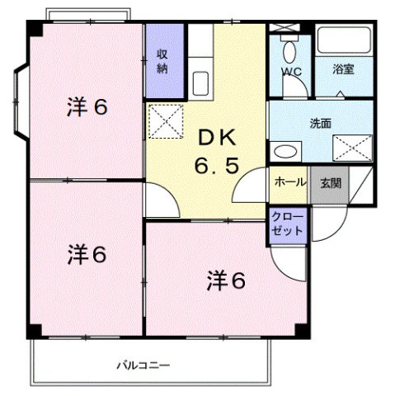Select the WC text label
[291, 72]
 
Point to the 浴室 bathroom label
[343, 69]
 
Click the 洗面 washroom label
[320, 124]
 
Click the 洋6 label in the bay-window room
[88, 107]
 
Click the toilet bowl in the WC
[289, 54]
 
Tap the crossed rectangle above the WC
[285, 29]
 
